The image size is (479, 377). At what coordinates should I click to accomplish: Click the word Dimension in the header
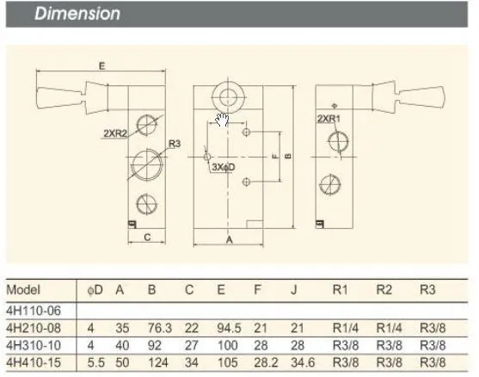(77, 14)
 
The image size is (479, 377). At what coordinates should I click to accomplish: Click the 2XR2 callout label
(115, 133)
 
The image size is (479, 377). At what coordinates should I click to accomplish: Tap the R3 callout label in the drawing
(175, 144)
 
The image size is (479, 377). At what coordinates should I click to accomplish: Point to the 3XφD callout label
(224, 167)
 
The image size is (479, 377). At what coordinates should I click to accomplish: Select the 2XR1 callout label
(329, 119)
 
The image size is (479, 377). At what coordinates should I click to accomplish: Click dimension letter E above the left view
(102, 65)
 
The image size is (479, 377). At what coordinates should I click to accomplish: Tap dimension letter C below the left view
(147, 237)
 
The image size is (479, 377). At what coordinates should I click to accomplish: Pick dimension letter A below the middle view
(230, 240)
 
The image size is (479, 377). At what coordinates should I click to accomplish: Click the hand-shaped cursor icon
(222, 120)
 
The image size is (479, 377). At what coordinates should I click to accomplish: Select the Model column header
(23, 289)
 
